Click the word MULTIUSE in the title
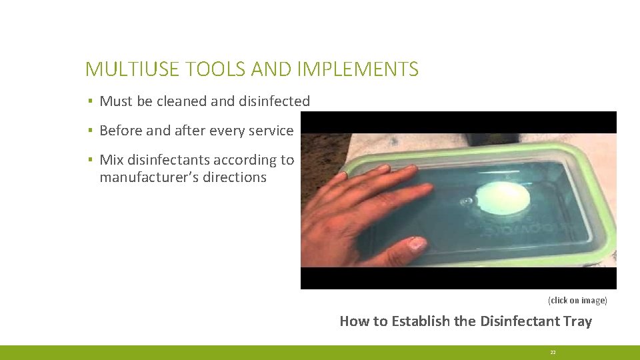[126, 69]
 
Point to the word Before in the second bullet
[121, 131]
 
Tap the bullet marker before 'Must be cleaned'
[89, 102]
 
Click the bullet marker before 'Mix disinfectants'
[89, 161]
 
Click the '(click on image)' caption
[577, 301]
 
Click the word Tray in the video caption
[577, 321]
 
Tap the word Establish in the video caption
[421, 321]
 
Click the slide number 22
[553, 352]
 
